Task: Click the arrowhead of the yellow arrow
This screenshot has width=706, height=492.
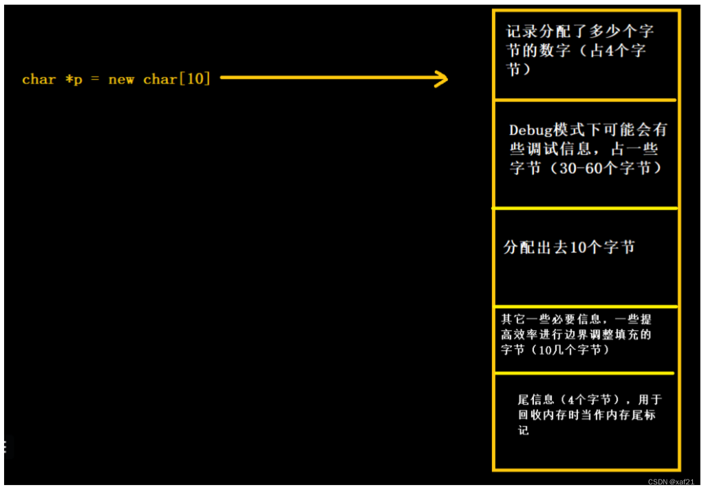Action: (x=440, y=78)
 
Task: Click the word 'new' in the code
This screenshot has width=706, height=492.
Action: (x=121, y=79)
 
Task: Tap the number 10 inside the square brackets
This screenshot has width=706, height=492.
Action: (x=196, y=78)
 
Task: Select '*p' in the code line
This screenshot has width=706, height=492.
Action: (x=74, y=79)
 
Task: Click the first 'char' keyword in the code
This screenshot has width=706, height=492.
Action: (x=39, y=79)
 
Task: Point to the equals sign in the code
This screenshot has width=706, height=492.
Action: (x=96, y=79)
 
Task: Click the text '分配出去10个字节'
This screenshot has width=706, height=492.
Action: (x=569, y=248)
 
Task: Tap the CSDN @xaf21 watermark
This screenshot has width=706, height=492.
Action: (x=671, y=482)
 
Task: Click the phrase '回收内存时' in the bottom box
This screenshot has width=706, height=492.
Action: (x=548, y=416)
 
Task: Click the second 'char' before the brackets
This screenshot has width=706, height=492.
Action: (x=160, y=79)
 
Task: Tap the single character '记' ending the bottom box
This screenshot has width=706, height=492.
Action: (x=524, y=431)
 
